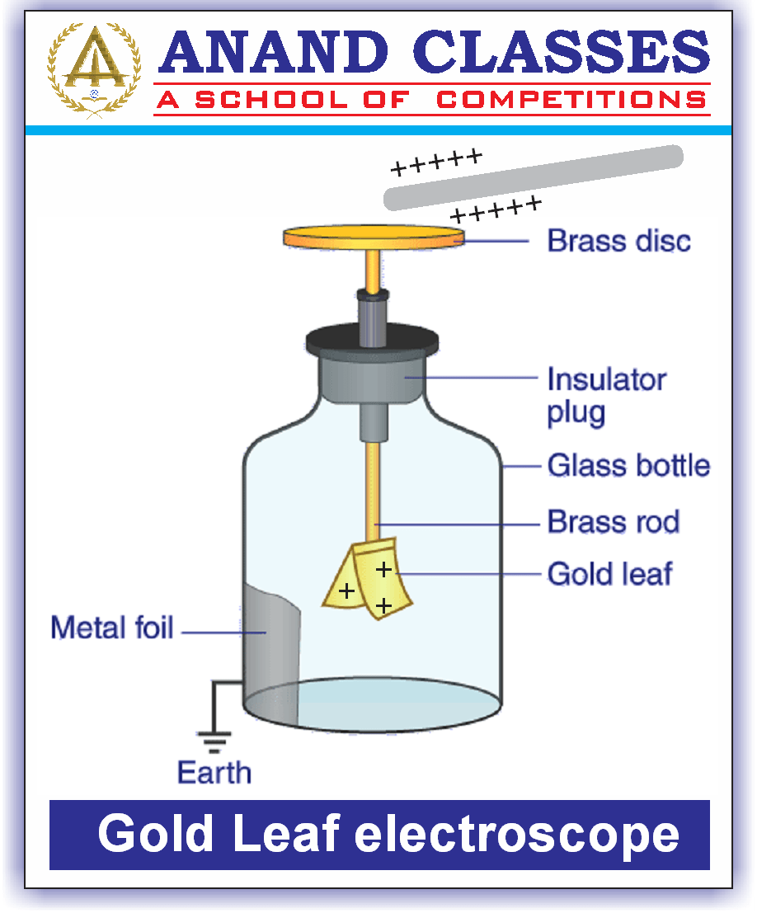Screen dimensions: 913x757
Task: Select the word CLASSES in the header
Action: coord(561,51)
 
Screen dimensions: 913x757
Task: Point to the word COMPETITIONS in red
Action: coord(571,101)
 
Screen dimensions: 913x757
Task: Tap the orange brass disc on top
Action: coord(374,238)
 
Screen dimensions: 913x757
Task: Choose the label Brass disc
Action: coord(619,241)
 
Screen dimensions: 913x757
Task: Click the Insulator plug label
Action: coord(606,396)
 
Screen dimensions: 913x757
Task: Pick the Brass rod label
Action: coord(614,522)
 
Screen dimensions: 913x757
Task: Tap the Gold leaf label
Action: coord(609,573)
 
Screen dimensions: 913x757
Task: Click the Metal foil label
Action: coord(112,628)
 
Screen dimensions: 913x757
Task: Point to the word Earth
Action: coord(214,773)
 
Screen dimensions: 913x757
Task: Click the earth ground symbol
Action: coord(215,739)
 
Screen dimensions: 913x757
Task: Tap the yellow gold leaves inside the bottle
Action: coord(368,582)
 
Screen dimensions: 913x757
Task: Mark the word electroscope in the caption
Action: coord(517,835)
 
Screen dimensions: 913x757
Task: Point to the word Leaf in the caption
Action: coord(286,835)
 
